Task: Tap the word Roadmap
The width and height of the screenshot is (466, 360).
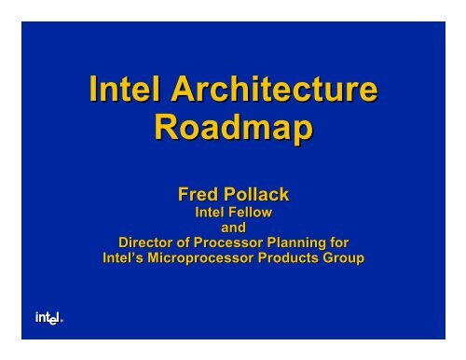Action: point(232,131)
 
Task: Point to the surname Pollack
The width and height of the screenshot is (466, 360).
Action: point(255,196)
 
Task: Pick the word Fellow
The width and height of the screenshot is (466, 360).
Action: point(249,213)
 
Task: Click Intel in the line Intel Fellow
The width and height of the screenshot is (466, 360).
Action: point(208,213)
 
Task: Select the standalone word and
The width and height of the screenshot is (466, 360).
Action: point(232,228)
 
